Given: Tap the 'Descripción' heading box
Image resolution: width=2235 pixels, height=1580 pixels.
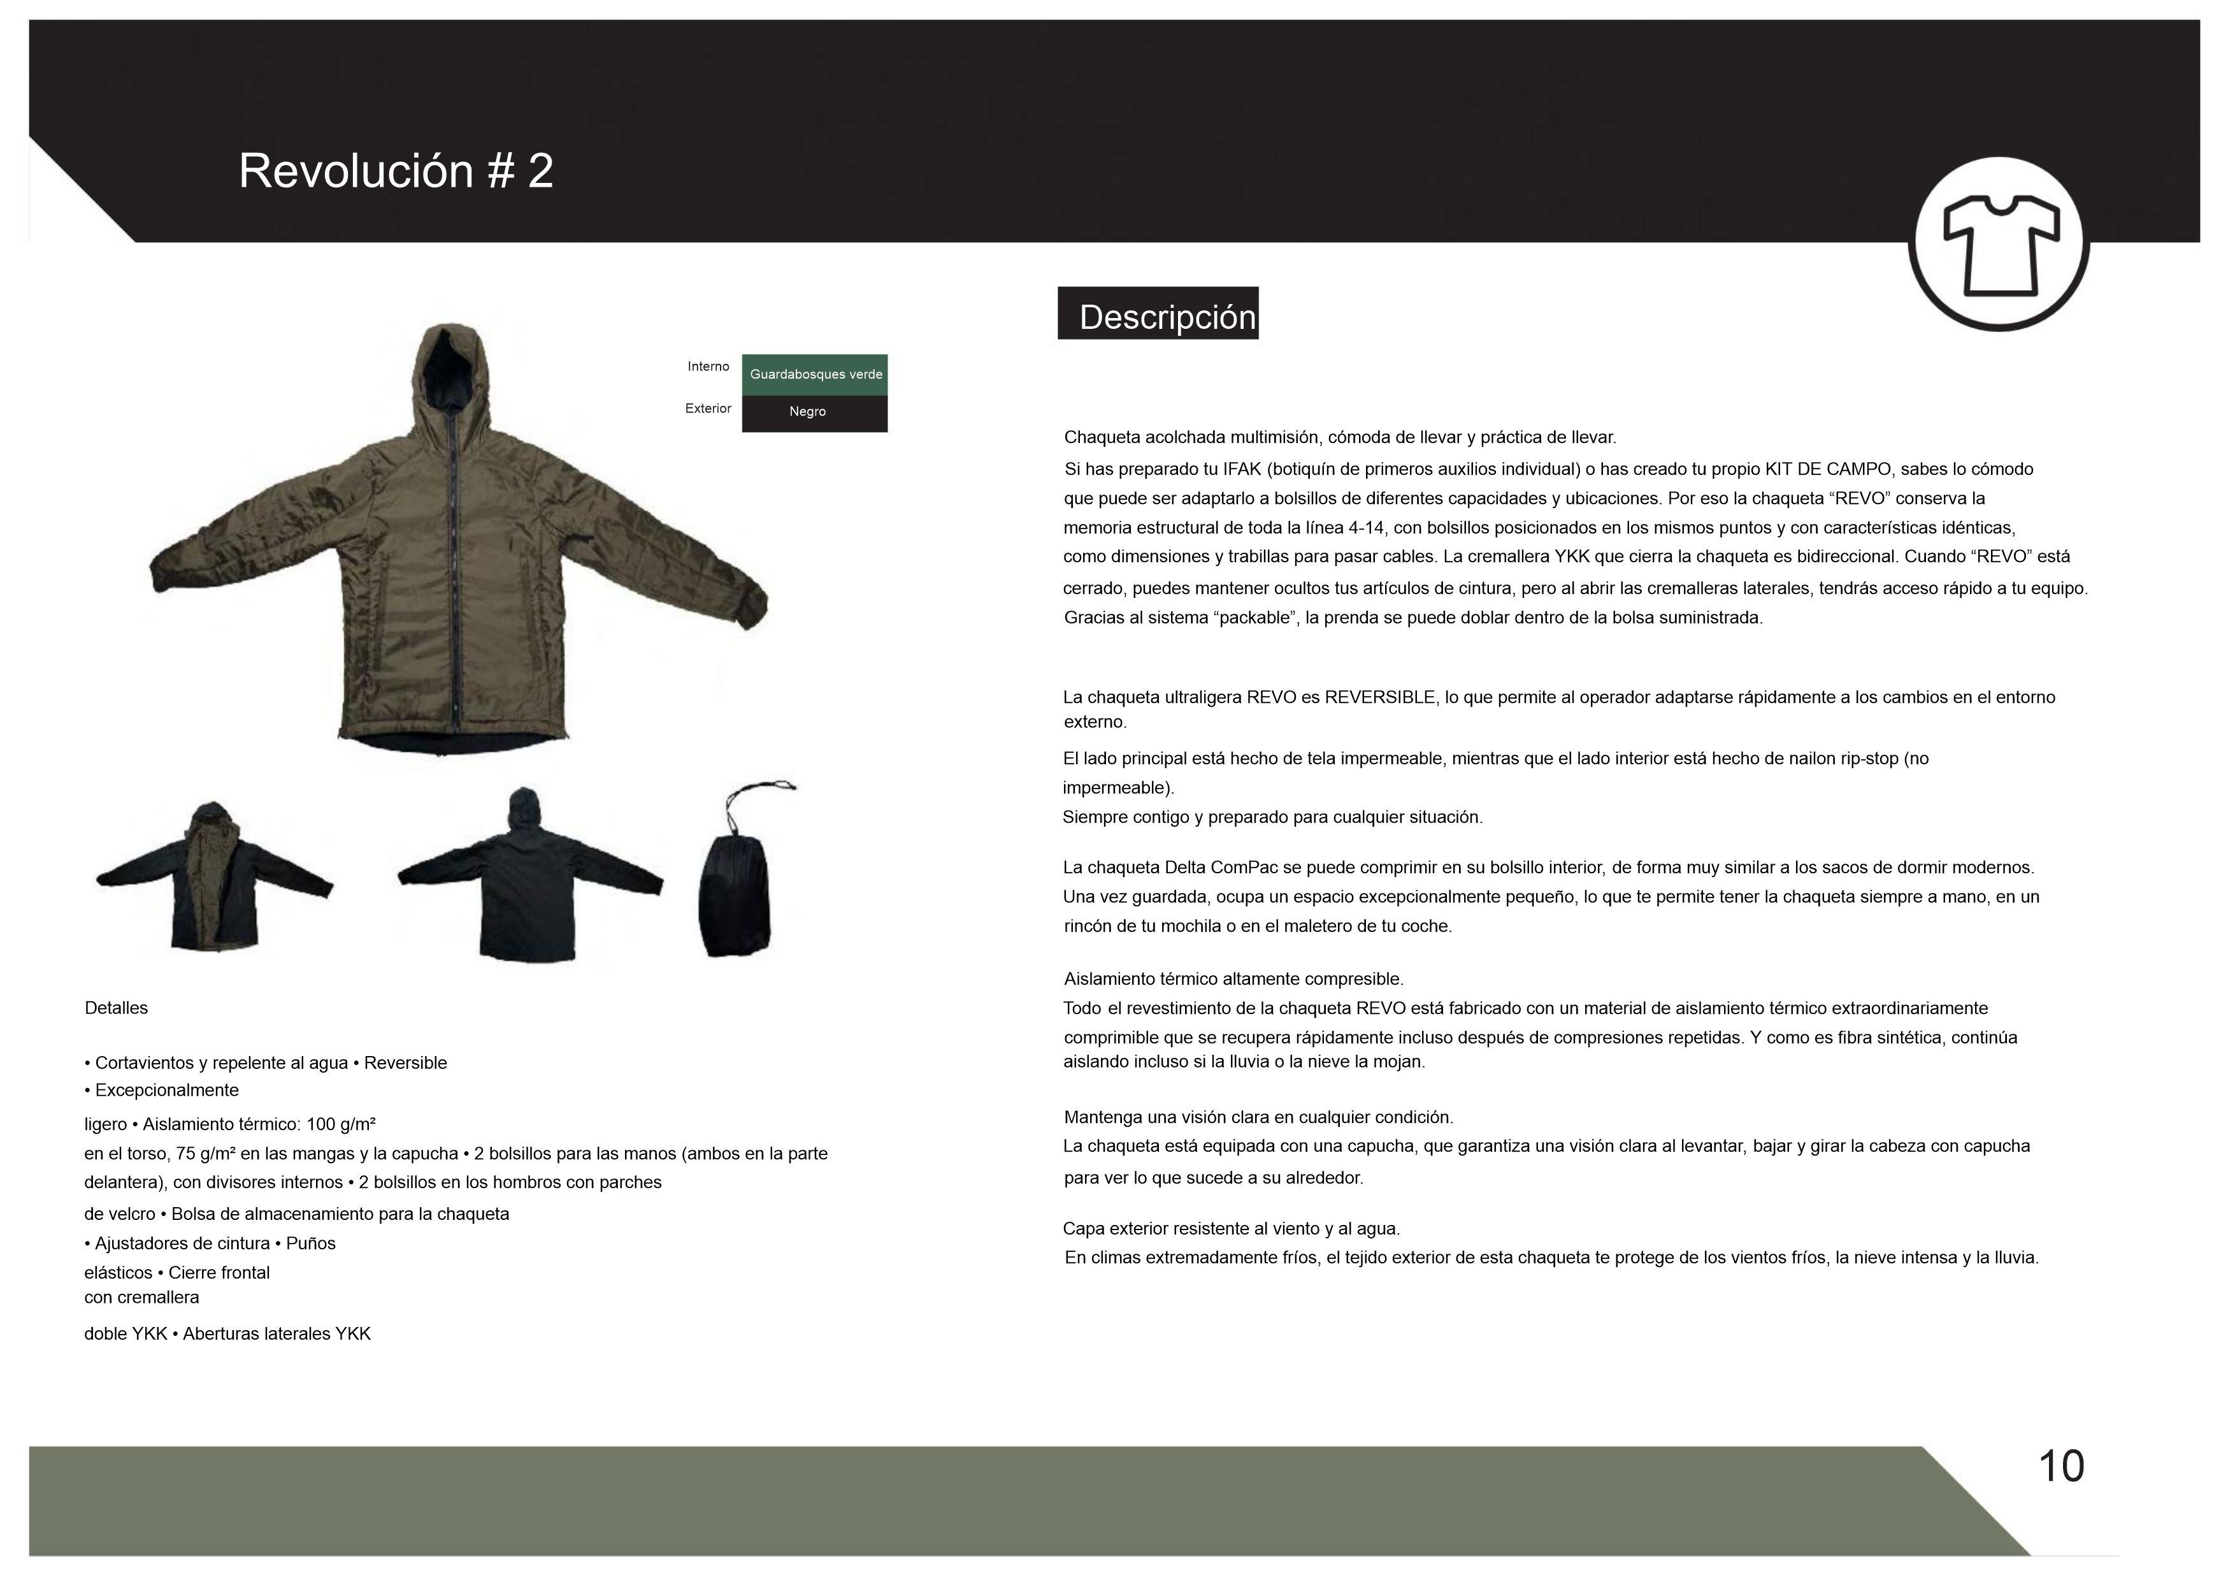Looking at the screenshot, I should pyautogui.click(x=1158, y=314).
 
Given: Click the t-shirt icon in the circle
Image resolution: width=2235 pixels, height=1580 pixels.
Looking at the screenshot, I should pyautogui.click(x=1999, y=243).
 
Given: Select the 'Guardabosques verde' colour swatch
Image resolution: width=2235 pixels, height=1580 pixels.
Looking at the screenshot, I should pyautogui.click(x=815, y=375).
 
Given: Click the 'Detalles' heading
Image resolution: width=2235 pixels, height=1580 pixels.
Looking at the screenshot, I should pyautogui.click(x=116, y=1008).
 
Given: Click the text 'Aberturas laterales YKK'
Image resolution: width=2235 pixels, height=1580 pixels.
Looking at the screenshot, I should pyautogui.click(x=277, y=1335).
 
